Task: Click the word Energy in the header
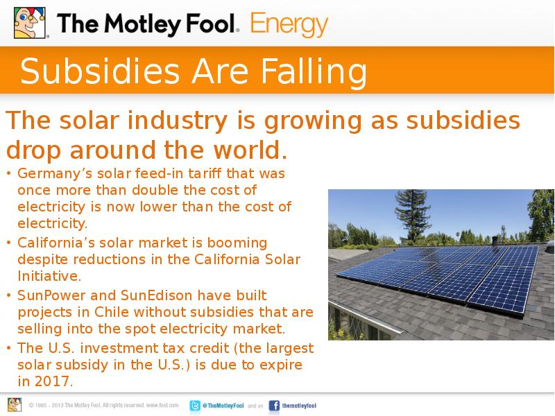click(289, 25)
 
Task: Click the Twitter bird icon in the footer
click(196, 406)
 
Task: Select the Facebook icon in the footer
click(273, 406)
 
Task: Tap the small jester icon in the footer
click(15, 405)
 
